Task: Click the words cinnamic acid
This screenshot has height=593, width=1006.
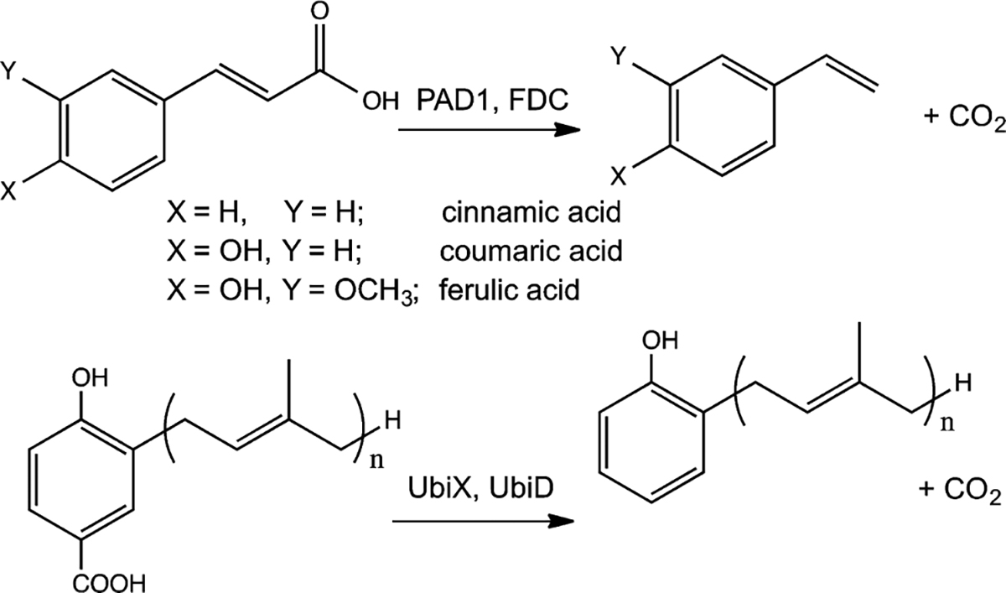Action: (x=532, y=214)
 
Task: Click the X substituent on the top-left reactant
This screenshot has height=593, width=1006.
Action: (x=9, y=192)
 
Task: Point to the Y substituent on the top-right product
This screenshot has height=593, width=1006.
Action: (x=617, y=57)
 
